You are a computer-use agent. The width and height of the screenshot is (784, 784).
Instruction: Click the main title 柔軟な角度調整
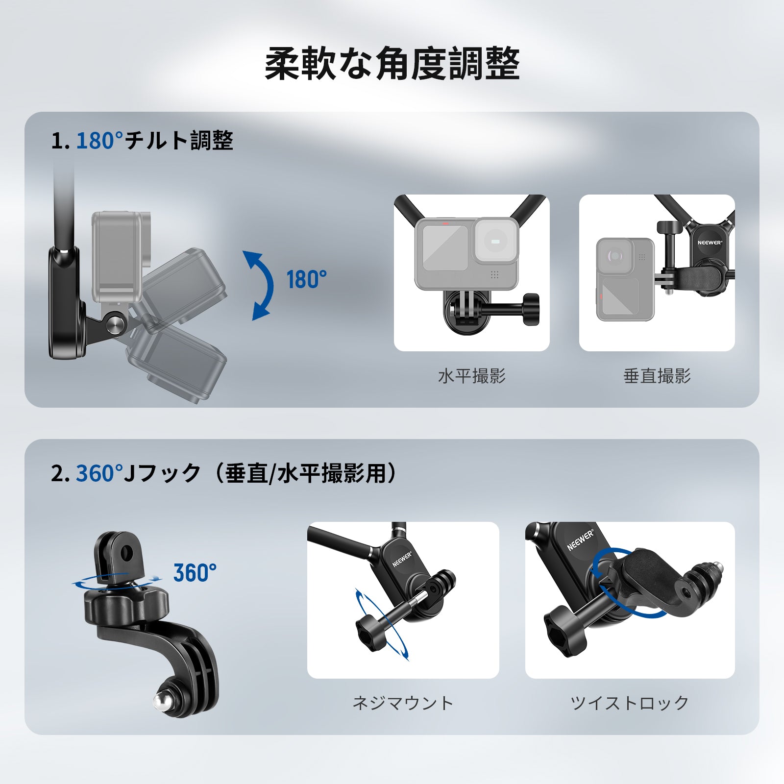[x=392, y=64]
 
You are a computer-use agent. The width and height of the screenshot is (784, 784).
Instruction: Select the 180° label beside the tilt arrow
[x=306, y=280]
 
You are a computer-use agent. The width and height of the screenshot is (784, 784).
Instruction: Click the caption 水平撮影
[x=471, y=376]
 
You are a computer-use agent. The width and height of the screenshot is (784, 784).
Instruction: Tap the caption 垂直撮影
[x=657, y=376]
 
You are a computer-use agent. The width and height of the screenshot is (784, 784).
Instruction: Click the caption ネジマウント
[x=403, y=703]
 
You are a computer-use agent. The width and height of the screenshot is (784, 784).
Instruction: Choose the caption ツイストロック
[x=630, y=703]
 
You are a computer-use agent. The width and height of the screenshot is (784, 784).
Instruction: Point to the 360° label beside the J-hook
[x=195, y=573]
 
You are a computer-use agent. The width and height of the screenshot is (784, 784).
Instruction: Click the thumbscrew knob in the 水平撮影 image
[x=531, y=309]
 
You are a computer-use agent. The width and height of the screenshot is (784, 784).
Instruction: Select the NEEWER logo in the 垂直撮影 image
[x=710, y=243]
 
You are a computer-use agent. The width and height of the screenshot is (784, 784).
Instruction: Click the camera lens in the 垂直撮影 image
[x=614, y=256]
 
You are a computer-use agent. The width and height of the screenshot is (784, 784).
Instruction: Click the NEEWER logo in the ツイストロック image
[x=580, y=539]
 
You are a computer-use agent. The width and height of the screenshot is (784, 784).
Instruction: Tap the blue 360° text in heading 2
[x=99, y=474]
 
